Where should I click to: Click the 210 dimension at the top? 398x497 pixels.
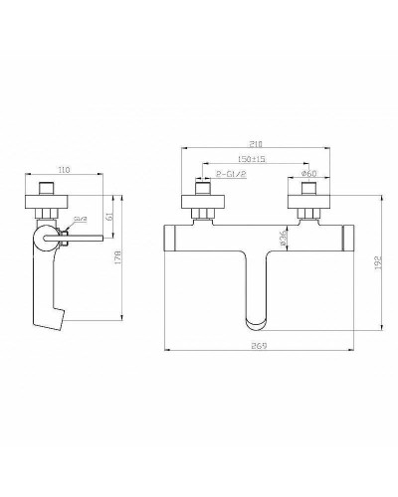[257, 142]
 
